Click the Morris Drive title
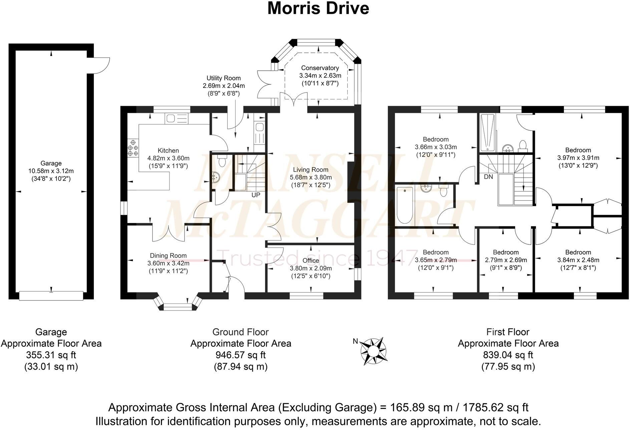pyautogui.click(x=318, y=9)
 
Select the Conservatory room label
pyautogui.click(x=320, y=68)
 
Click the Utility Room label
pyautogui.click(x=223, y=78)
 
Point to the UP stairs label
pyautogui.click(x=256, y=195)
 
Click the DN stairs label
pyautogui.click(x=488, y=177)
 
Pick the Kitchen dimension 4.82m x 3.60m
pyautogui.click(x=168, y=158)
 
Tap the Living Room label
pyautogui.click(x=311, y=170)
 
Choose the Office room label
pyautogui.click(x=311, y=260)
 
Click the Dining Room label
pyautogui.click(x=168, y=256)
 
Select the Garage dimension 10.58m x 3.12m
pyautogui.click(x=51, y=171)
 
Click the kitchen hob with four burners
pyautogui.click(x=133, y=148)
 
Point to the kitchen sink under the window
pyautogui.click(x=177, y=119)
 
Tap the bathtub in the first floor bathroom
pyautogui.click(x=405, y=205)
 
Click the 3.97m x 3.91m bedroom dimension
pyautogui.click(x=578, y=158)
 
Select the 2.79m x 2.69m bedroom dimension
pyautogui.click(x=506, y=260)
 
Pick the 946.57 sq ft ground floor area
pyautogui.click(x=241, y=355)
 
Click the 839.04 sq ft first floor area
pyautogui.click(x=508, y=355)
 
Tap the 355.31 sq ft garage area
pyautogui.click(x=51, y=355)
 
